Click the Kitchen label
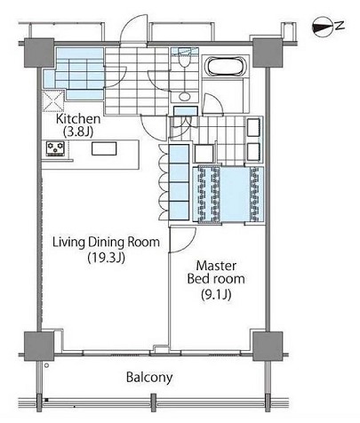pos(78,119)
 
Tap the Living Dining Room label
pos(106,243)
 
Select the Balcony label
pos(149,378)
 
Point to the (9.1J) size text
pos(216,294)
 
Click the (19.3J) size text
pos(106,258)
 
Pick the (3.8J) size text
pos(78,132)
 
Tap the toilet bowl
pos(185,60)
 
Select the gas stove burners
pos(55,148)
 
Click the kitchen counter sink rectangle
pos(104,148)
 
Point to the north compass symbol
pos(323,28)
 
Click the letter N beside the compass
pos(340,26)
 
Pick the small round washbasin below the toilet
pos(185,97)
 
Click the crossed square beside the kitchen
pos(53,101)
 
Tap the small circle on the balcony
pos(46,365)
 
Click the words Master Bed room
pos(216,272)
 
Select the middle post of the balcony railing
pos(153,403)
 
